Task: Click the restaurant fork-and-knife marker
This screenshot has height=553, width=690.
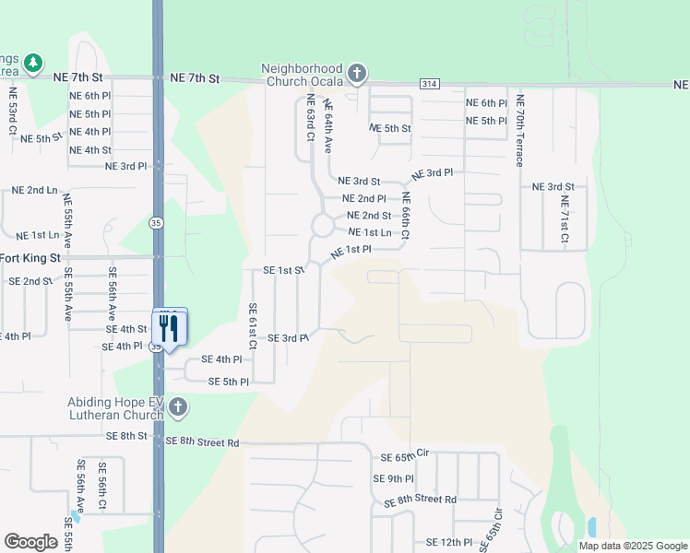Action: (x=169, y=327)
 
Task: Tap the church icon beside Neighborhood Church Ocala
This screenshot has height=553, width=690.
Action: (x=357, y=73)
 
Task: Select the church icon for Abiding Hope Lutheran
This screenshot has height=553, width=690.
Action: (x=178, y=406)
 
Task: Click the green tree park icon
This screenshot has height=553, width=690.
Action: (x=33, y=63)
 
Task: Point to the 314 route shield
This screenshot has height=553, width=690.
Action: (x=428, y=83)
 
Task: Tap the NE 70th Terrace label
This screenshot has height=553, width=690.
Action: (x=520, y=130)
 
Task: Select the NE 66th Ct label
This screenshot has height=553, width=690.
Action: (x=405, y=213)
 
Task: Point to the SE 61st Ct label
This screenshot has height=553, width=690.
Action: (x=251, y=331)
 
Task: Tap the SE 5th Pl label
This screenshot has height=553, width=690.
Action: (x=229, y=382)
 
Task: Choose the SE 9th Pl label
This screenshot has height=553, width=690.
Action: (x=394, y=478)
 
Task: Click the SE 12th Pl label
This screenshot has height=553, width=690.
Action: (x=449, y=543)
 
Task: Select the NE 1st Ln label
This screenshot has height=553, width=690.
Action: (x=373, y=232)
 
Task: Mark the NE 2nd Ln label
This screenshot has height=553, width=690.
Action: (x=35, y=190)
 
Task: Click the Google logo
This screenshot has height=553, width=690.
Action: (x=30, y=541)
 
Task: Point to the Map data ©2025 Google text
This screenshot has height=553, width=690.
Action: (x=633, y=546)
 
